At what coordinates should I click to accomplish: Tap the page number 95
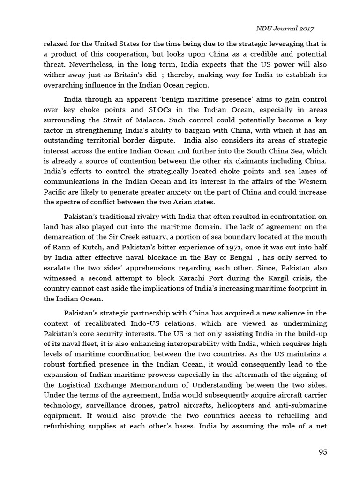[x=322, y=452]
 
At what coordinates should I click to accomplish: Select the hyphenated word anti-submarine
[x=300, y=405]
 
